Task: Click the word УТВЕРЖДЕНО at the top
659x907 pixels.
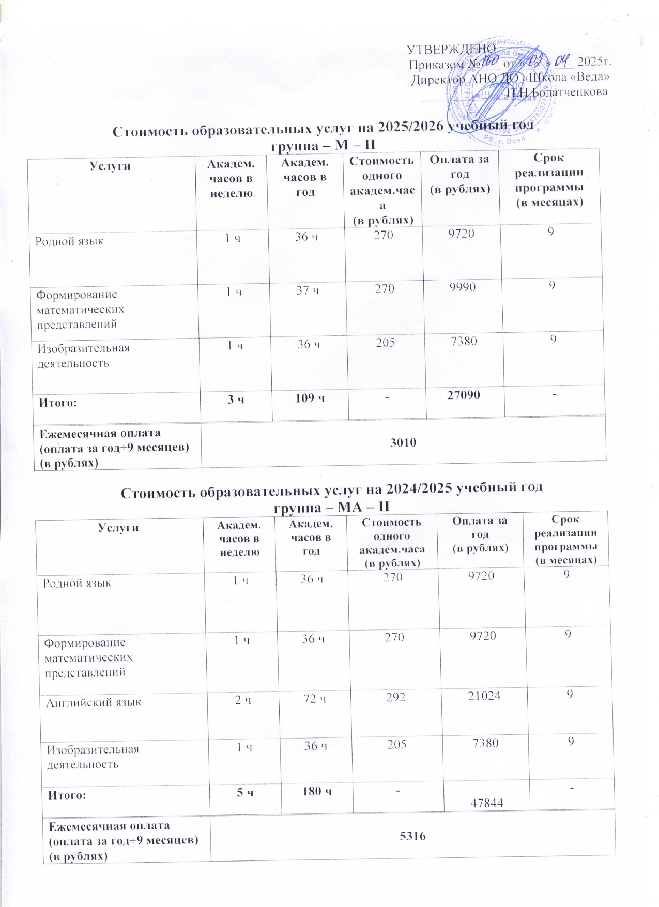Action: [x=451, y=49]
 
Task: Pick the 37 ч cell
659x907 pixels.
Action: [x=308, y=290]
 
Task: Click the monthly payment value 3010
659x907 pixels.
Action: [x=403, y=442]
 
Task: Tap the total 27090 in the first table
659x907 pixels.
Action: [x=464, y=395]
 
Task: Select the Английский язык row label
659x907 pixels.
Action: [x=94, y=703]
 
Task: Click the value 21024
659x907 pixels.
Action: [x=484, y=696]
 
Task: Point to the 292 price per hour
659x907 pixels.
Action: [x=395, y=697]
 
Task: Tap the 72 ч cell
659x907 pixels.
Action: [x=315, y=699]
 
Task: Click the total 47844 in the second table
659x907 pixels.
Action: [x=487, y=802]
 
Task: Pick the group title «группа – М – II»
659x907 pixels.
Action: [x=323, y=145]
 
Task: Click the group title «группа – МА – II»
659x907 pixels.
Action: [x=331, y=506]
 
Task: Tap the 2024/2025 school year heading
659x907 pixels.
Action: [x=331, y=488]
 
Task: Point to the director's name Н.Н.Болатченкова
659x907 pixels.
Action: [x=557, y=92]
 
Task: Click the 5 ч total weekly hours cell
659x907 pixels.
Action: [x=245, y=792]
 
